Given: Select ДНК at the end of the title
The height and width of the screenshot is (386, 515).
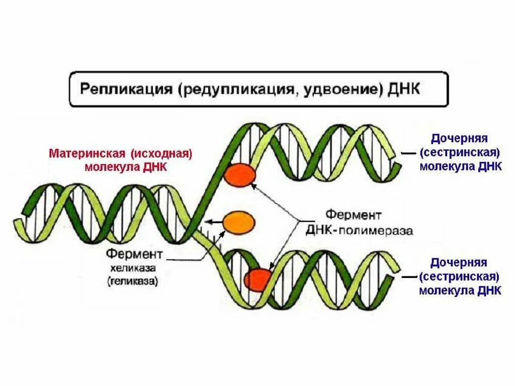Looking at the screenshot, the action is [404, 89].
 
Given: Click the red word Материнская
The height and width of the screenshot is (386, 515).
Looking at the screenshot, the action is [83, 153].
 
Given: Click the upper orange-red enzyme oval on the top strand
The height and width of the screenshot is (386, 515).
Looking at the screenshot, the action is [239, 175].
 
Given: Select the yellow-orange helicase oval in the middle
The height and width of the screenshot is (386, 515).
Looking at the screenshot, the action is [238, 222].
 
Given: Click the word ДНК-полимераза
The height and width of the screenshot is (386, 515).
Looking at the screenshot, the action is [359, 231].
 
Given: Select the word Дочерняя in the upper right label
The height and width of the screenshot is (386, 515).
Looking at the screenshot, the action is [460, 138].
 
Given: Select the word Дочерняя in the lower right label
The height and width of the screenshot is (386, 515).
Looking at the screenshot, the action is [460, 262].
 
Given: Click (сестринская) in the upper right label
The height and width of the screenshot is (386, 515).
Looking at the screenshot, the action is [460, 152].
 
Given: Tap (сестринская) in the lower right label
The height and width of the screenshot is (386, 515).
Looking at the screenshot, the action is [460, 276].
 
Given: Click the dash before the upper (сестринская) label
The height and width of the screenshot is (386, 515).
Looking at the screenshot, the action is [408, 152].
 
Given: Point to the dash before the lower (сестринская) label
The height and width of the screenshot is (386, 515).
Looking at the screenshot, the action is [408, 276].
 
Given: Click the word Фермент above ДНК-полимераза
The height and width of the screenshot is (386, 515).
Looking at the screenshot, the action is [354, 216].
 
